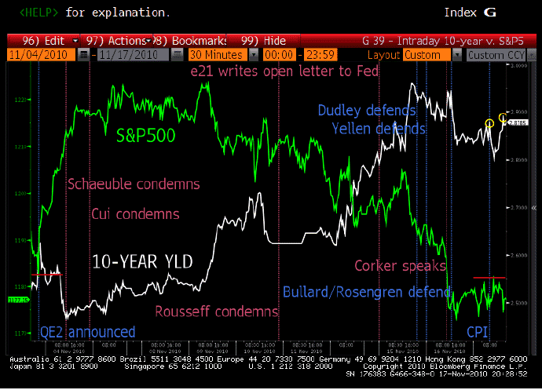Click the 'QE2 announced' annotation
pos(88,331)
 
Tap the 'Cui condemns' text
pos(135,213)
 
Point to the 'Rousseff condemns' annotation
pos(217,311)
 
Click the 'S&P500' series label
pos(145,135)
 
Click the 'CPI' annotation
pos(478,331)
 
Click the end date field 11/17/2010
pos(125,55)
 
